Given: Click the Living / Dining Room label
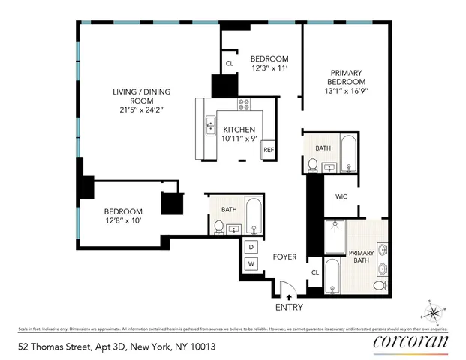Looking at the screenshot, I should pos(141,97).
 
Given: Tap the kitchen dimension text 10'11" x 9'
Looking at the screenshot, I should pos(239,139).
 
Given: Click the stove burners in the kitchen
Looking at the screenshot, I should pos(244,104).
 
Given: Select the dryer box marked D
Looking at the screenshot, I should pos(251,247).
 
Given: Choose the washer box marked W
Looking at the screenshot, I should pos(251,264).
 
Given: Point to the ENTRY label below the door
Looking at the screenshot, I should pos(289,307).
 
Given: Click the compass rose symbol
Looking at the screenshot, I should pos(434,311).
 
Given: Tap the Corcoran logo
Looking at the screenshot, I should pos(410,343).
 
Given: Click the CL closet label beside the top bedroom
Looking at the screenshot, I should pos(229,63).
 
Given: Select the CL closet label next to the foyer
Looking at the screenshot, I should pos(315,272).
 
